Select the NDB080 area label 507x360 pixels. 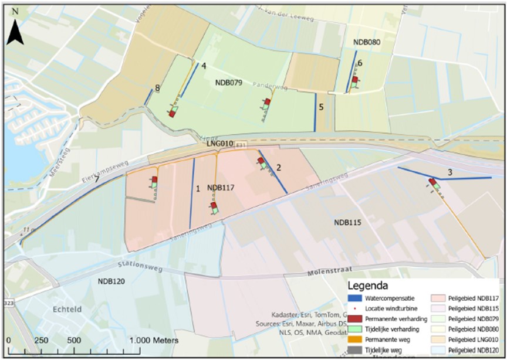click(367, 43)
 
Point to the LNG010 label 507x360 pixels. click(220, 144)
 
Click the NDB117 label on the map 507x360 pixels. click(221, 188)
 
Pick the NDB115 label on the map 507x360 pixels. click(347, 222)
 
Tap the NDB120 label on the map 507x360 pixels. click(111, 281)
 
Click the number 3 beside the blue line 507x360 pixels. click(449, 172)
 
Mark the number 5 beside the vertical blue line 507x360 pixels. click(321, 107)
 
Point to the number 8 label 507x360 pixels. click(157, 89)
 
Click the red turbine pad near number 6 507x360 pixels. click(355, 79)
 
